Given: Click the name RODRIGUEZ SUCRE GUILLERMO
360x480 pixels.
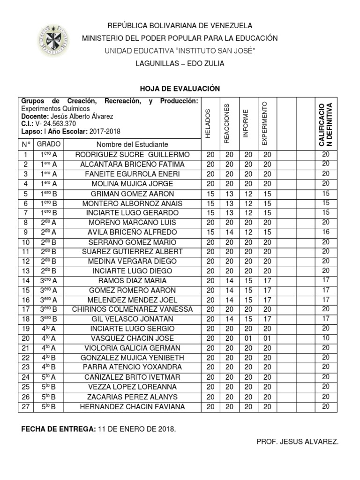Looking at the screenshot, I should coord(133,155).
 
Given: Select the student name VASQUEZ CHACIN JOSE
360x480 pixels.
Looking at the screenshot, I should coord(133,338).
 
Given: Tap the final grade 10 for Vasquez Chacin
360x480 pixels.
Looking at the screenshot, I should coord(326,337).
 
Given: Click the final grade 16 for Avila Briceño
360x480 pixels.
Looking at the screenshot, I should coord(326,232).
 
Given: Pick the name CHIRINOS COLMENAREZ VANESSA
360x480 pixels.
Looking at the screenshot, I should coord(133,309).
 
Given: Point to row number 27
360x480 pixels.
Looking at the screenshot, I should coord(26,406).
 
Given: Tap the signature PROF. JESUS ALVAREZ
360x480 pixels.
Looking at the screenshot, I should coord(297,442).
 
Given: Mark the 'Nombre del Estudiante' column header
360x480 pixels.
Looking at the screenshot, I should coord(133,144).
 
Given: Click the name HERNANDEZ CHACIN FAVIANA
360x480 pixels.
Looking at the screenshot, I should coord(133,406).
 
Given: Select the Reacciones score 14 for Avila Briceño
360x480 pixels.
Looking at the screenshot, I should coord(228,232).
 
